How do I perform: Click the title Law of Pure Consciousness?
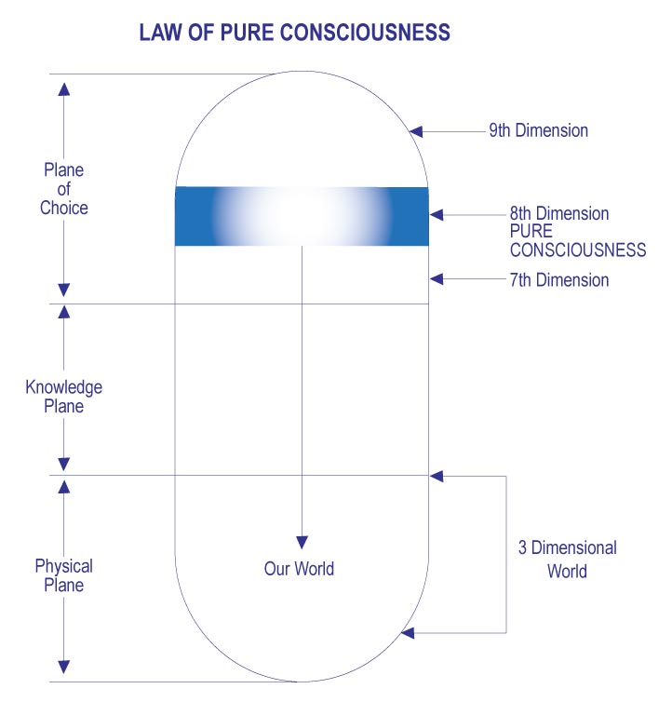294,34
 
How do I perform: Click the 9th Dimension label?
538,130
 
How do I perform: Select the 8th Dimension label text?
559,214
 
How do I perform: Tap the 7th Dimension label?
559,279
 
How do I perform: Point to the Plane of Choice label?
63,189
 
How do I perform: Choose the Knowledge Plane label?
63,397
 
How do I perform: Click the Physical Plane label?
63,575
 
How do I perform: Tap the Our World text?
299,568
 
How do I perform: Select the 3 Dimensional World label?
567,559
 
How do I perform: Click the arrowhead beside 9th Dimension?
419,130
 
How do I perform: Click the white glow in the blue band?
300,216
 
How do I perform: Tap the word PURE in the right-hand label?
531,232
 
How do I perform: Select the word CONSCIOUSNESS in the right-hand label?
577,250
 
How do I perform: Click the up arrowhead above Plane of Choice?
63,88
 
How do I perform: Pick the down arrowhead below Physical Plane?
63,667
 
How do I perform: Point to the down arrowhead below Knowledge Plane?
63,464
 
